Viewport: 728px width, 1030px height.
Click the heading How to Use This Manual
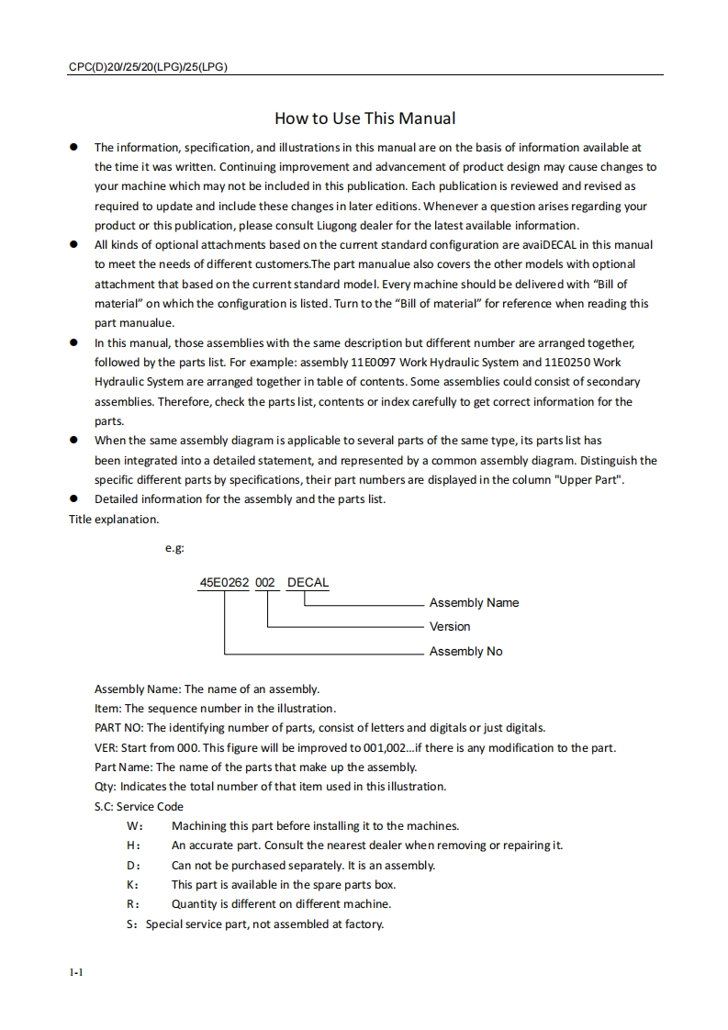point(364,118)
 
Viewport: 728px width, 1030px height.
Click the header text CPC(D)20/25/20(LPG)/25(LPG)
point(149,67)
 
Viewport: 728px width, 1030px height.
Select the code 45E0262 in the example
point(224,583)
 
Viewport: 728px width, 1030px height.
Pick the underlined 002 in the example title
point(264,583)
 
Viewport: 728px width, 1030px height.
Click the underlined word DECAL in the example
point(308,583)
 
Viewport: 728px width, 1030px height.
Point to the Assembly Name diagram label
point(474,603)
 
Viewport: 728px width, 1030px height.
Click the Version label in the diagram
point(450,627)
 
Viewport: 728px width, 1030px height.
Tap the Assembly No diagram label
point(465,652)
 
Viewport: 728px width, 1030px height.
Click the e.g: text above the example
point(174,548)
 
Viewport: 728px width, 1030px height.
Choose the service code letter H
point(132,845)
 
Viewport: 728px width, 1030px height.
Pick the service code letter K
point(132,885)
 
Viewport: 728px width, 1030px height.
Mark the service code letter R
point(132,904)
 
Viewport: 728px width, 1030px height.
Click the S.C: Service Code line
point(139,807)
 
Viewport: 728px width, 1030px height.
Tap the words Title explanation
point(114,520)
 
